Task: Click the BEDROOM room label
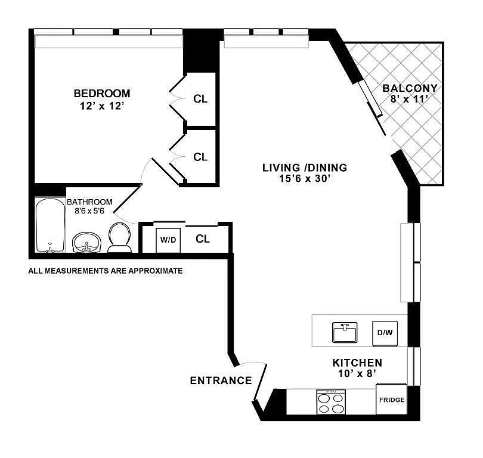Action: pyautogui.click(x=102, y=93)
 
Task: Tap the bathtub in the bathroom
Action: pyautogui.click(x=50, y=225)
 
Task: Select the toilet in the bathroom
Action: pyautogui.click(x=119, y=238)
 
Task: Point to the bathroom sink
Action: pyautogui.click(x=86, y=243)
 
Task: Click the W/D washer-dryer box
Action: pyautogui.click(x=168, y=240)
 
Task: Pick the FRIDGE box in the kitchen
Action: pyautogui.click(x=392, y=400)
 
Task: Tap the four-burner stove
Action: pyautogui.click(x=331, y=403)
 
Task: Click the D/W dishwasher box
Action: pyautogui.click(x=385, y=333)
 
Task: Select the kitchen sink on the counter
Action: pyautogui.click(x=345, y=333)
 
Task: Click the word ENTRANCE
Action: pyautogui.click(x=221, y=380)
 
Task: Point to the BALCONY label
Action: pyautogui.click(x=410, y=88)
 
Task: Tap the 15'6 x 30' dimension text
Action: pyautogui.click(x=305, y=178)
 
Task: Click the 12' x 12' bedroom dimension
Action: pyautogui.click(x=102, y=106)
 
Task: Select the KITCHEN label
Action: pyautogui.click(x=357, y=363)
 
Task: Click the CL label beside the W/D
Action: pyautogui.click(x=203, y=239)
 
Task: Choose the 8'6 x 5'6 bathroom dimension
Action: pyautogui.click(x=89, y=211)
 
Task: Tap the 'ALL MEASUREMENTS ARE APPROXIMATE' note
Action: pyautogui.click(x=106, y=271)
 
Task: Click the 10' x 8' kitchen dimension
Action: pyautogui.click(x=357, y=373)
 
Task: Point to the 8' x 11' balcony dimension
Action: pyautogui.click(x=410, y=99)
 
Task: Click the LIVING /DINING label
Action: pyautogui.click(x=305, y=168)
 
